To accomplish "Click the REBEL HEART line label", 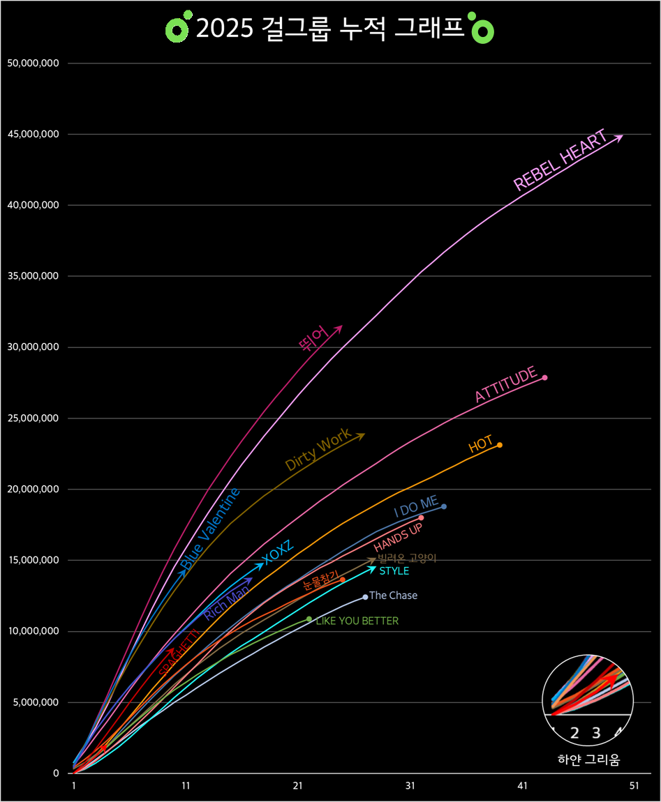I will (560, 160).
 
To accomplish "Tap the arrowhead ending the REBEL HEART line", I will (620, 137).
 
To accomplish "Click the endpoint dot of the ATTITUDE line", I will (544, 378).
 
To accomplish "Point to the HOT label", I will (481, 444).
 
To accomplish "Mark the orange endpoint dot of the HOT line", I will (500, 445).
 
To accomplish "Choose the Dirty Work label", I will (318, 450).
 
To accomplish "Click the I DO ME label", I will (416, 507).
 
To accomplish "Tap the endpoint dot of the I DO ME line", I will (444, 506).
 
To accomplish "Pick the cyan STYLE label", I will (394, 571).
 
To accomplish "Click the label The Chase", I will (394, 596).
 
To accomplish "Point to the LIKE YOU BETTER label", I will (357, 621).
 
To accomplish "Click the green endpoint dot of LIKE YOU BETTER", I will (309, 619).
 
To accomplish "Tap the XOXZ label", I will (278, 552).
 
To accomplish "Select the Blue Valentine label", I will (210, 528).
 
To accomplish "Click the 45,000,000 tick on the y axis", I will (33, 135).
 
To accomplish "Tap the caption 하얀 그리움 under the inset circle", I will (588, 759).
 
